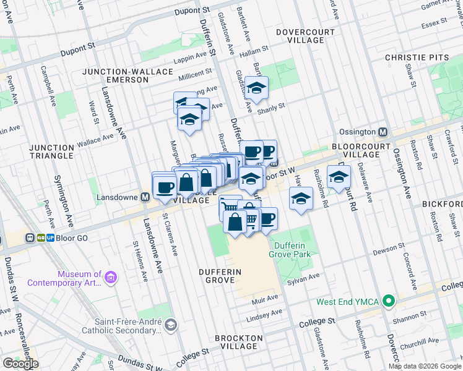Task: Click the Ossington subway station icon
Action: point(383,132)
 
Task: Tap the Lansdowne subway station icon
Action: point(145,198)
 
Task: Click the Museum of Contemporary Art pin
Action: point(111,278)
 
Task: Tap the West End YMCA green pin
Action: point(388,302)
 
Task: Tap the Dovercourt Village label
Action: point(306,36)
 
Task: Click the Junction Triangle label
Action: point(51,151)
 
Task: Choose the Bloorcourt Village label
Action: point(360,149)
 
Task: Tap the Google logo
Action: point(20,364)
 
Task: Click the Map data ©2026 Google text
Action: point(425,366)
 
